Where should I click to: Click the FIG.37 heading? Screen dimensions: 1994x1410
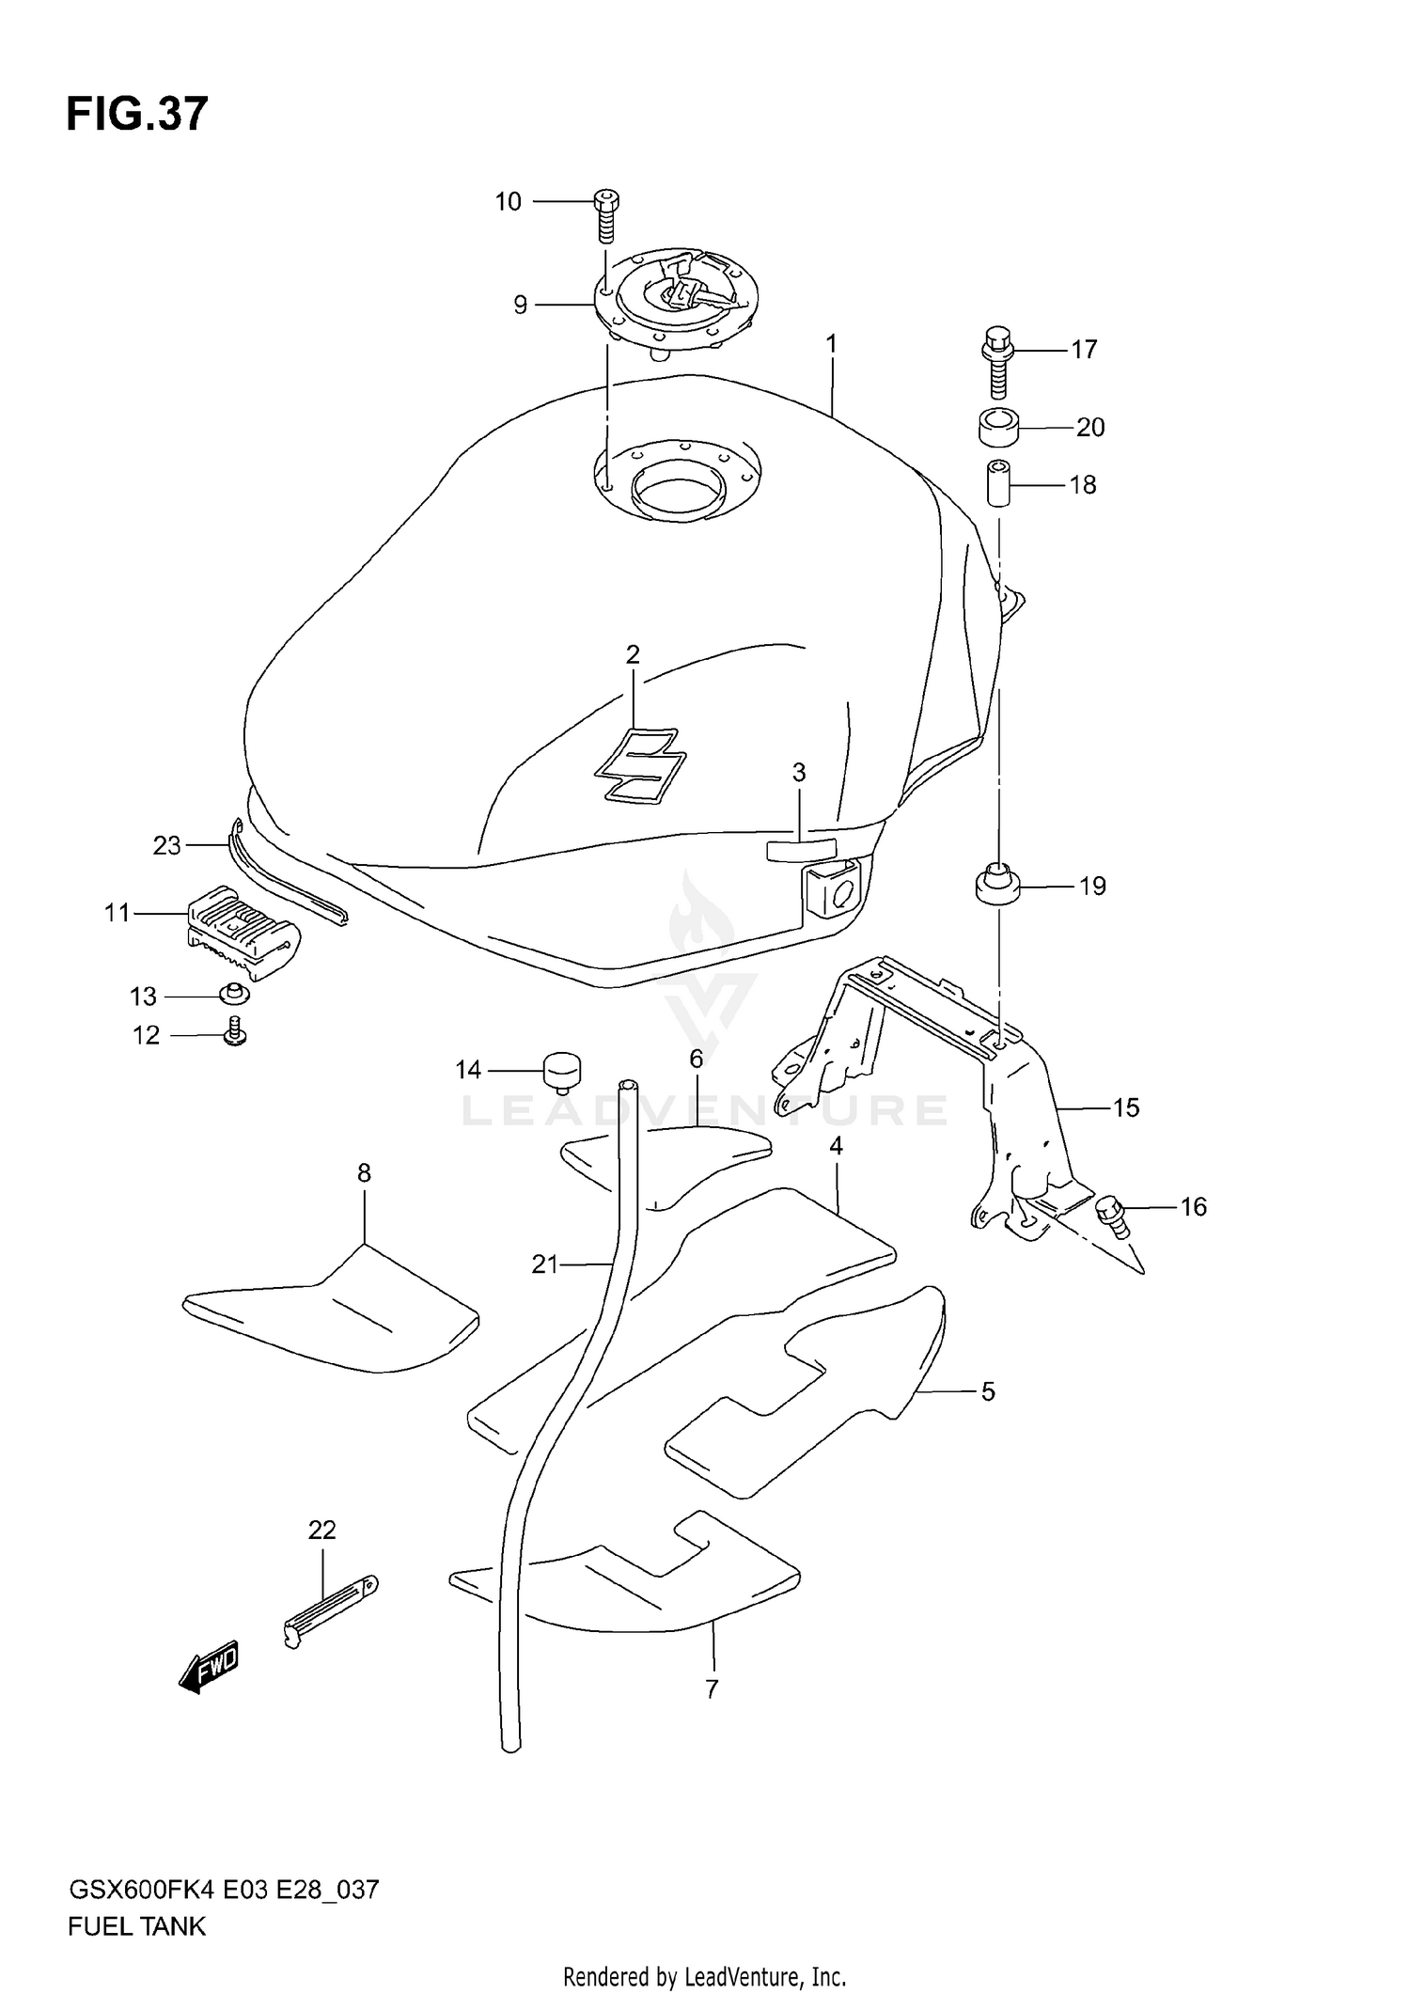tap(137, 114)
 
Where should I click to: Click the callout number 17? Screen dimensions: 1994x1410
tap(1084, 350)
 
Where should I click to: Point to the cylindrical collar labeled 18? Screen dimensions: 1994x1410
tap(998, 483)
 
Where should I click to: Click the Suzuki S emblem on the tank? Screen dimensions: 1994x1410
tap(636, 766)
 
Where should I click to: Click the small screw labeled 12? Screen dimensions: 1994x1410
tap(235, 1032)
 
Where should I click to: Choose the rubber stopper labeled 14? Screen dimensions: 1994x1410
tap(561, 1071)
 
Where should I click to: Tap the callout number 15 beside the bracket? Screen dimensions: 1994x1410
tap(1125, 1107)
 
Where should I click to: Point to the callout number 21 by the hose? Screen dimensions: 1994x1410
tap(545, 1264)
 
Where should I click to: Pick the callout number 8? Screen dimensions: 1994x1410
tap(364, 1172)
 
